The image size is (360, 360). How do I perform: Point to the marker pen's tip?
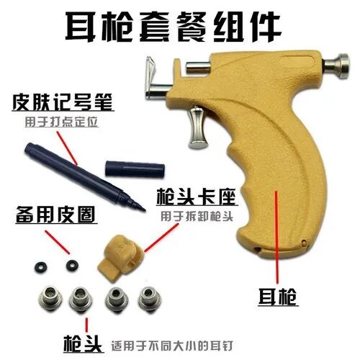click(141, 206)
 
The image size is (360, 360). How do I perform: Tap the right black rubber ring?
click(71, 265)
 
